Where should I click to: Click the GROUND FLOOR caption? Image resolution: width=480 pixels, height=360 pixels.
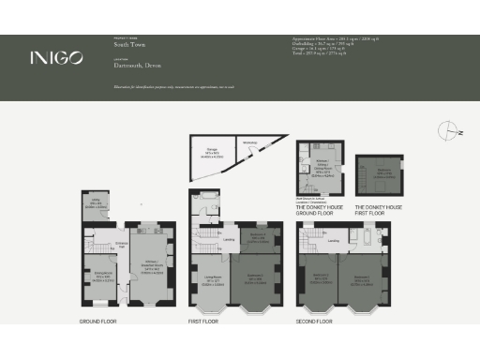[x=98, y=322]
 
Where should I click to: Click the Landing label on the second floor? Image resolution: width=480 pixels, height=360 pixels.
[x=335, y=240]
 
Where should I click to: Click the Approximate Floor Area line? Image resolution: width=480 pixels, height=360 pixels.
[x=333, y=38]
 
